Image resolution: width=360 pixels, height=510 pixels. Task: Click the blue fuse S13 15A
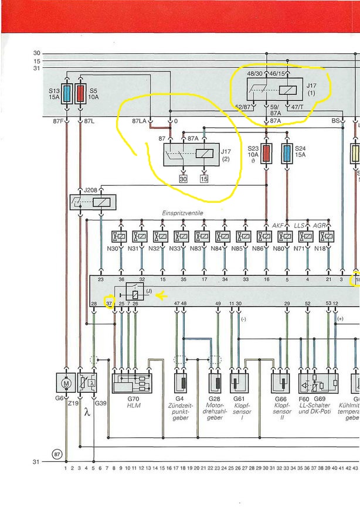pyautogui.click(x=67, y=94)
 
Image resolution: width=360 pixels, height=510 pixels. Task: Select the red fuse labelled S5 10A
pyautogui.click(x=80, y=94)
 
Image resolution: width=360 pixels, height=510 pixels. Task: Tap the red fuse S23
pyautogui.click(x=267, y=154)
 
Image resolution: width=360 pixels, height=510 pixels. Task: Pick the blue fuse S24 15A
pyautogui.click(x=287, y=154)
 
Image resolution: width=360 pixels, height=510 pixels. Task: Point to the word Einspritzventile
pyautogui.click(x=182, y=213)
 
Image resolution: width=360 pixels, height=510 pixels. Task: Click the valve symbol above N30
pyautogui.click(x=121, y=236)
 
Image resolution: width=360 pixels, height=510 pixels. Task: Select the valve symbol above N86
pyautogui.click(x=267, y=236)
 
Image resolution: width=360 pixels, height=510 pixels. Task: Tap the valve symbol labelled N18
pyautogui.click(x=328, y=236)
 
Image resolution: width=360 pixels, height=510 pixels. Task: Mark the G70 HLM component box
pyautogui.click(x=131, y=382)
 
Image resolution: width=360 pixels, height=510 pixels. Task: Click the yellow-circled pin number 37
pyautogui.click(x=109, y=302)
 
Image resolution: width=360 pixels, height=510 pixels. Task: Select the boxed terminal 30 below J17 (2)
pyautogui.click(x=183, y=179)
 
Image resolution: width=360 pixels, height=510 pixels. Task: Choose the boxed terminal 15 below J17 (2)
pyautogui.click(x=204, y=179)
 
